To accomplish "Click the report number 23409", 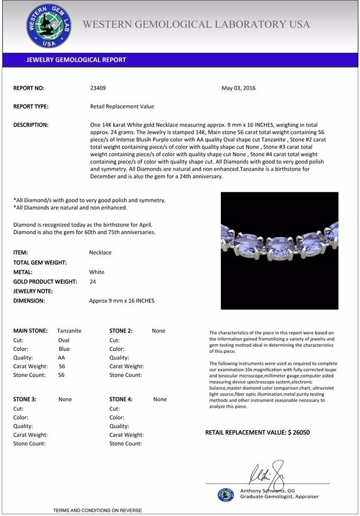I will pos(98,88).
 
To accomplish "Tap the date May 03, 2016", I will pos(238,88).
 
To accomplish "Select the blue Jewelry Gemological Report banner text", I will pos(76,60).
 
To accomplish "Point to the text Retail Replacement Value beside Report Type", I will pos(122,106).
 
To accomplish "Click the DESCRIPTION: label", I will pos(31,125).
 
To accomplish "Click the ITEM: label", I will pos(21,252).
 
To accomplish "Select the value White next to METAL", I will pos(97,272).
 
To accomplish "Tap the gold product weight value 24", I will pos(93,282).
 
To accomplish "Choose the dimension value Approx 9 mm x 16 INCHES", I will pos(122,301).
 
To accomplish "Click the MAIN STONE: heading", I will pos(30,331).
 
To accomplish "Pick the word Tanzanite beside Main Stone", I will pos(69,331).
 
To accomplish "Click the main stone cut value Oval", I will pos(64,340).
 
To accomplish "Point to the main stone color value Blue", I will pos(64,349).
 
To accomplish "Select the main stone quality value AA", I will pos(61,358).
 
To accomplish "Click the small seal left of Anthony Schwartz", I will pos(226,495).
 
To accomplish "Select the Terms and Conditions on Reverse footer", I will pos(97,510).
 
